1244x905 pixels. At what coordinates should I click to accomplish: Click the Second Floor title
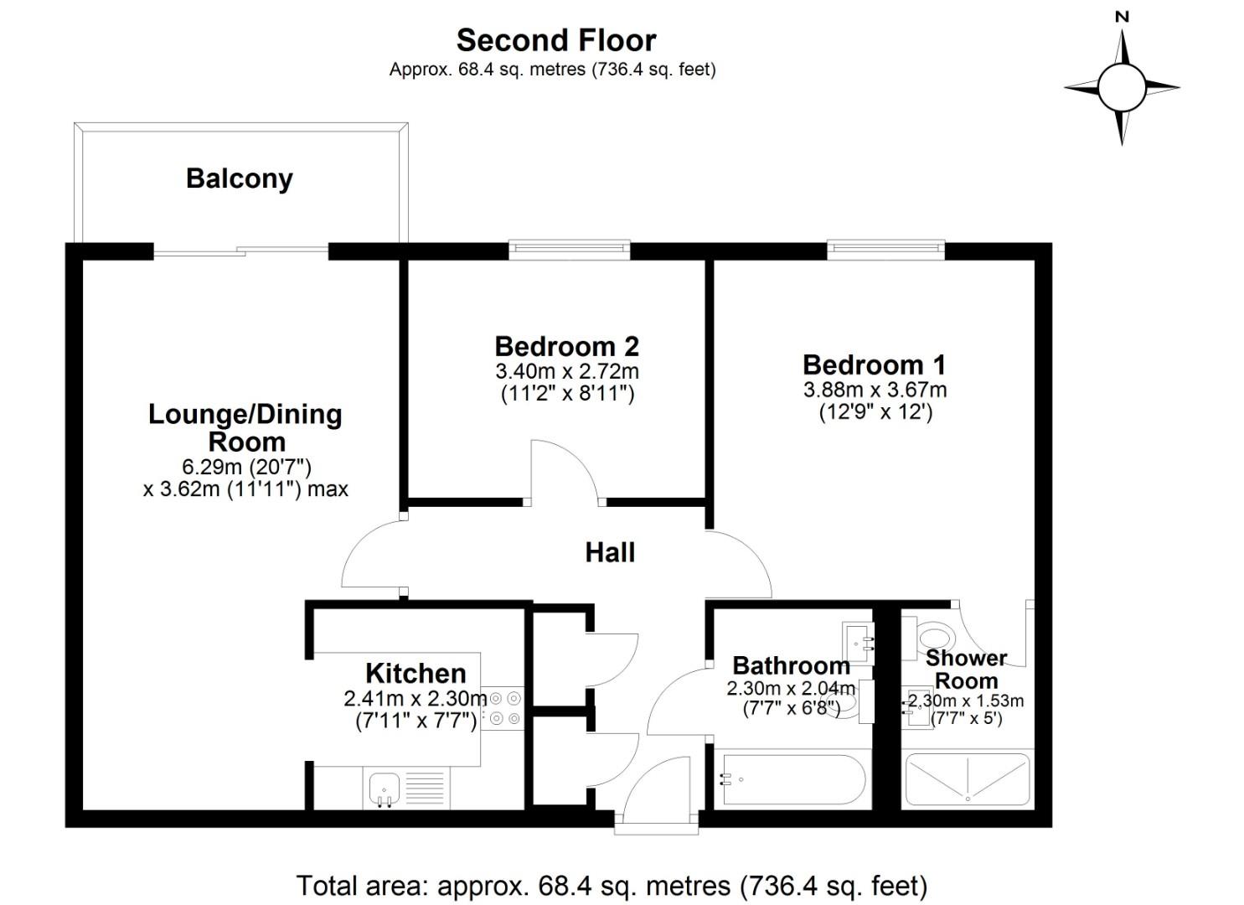555,40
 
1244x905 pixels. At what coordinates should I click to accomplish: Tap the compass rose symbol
1121,87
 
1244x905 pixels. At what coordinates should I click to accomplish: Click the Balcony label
239,178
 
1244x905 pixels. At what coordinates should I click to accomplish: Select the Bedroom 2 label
566,346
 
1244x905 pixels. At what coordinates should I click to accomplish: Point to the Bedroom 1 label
874,365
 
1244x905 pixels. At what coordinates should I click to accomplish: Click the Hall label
610,552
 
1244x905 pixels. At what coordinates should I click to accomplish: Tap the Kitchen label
416,673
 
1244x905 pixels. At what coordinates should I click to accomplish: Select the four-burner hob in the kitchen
505,707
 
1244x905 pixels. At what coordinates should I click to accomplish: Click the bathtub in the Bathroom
792,780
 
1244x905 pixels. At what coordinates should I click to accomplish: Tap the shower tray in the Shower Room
967,779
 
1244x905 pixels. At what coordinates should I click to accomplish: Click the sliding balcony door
241,250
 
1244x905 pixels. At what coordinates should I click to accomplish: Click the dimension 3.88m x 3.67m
875,390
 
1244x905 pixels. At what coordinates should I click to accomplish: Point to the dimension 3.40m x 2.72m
566,370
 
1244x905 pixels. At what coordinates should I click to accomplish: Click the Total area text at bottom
612,885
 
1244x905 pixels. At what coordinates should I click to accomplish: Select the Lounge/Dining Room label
245,427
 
